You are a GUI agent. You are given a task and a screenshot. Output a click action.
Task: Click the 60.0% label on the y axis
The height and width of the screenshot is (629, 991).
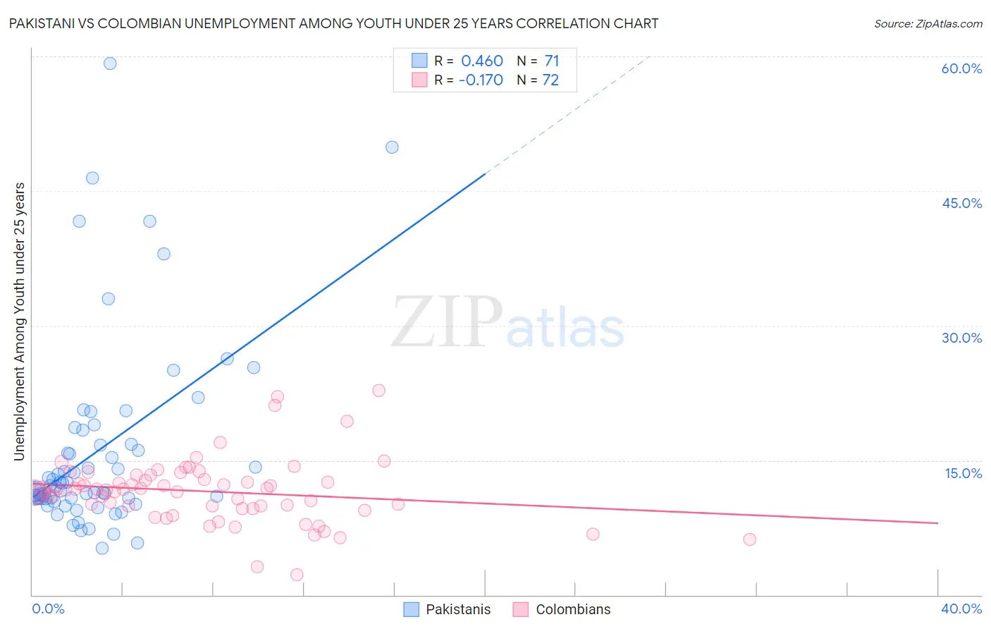[x=961, y=68]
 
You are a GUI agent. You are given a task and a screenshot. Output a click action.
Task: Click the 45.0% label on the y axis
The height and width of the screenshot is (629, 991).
[x=961, y=203]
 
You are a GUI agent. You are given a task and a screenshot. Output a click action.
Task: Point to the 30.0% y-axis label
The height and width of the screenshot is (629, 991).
[x=961, y=338]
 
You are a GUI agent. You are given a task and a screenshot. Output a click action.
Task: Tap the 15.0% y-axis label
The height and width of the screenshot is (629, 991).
[x=963, y=473]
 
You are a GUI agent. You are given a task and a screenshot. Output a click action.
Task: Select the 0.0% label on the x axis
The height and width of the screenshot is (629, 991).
[x=48, y=609]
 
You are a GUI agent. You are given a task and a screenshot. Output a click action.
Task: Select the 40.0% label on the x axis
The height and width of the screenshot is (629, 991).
[x=961, y=609]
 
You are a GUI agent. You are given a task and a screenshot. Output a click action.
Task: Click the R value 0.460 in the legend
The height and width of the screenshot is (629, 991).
[x=482, y=61]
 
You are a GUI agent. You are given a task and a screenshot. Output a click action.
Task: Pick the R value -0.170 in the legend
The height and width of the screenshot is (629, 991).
[x=481, y=80]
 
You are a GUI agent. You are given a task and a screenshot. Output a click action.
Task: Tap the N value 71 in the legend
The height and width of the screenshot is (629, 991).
[x=551, y=61]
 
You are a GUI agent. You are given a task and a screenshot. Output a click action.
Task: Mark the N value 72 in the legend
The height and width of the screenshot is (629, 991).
[x=550, y=80]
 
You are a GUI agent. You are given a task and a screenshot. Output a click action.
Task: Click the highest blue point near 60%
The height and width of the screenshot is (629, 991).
[x=110, y=63]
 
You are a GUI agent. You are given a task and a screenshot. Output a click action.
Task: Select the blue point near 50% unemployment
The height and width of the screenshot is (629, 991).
[x=392, y=147]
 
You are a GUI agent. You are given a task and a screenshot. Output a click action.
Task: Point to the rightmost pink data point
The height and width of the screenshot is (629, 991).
[x=749, y=539]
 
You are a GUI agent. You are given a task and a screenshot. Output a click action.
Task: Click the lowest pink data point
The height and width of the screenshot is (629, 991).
[x=297, y=575]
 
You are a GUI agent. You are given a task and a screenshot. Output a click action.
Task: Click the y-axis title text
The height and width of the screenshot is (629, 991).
[x=19, y=322]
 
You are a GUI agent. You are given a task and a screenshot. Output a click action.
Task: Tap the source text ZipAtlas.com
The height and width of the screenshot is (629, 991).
[x=928, y=24]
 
